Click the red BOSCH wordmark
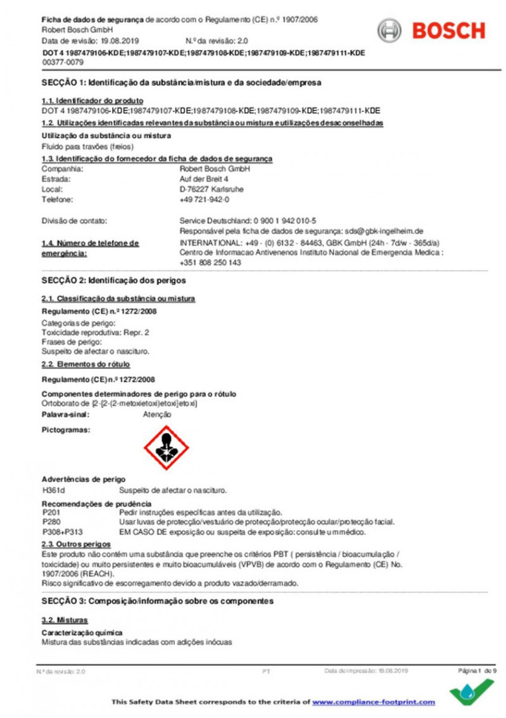point(448,30)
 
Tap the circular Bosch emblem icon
point(389,30)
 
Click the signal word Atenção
point(158,414)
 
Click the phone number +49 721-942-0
point(205,199)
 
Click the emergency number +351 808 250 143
point(211,262)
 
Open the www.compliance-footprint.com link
point(374,702)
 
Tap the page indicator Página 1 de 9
point(478,670)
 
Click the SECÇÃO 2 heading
point(114,280)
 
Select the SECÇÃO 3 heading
point(158,601)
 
